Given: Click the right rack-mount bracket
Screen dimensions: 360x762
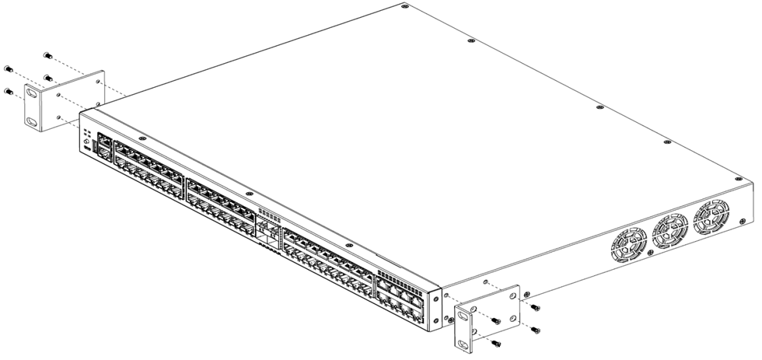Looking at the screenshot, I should tap(487, 314).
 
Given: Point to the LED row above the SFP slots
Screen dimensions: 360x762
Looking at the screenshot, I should tap(267, 213).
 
